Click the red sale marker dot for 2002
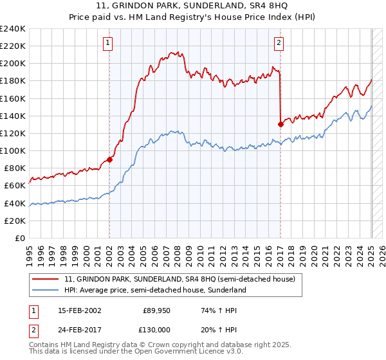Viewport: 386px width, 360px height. pyautogui.click(x=109, y=159)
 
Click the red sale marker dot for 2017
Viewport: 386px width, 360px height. pyautogui.click(x=280, y=124)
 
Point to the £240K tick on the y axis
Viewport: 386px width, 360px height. pyautogui.click(x=14, y=29)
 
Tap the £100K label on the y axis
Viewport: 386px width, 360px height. pyautogui.click(x=14, y=151)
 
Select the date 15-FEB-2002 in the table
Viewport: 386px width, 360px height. pyautogui.click(x=80, y=310)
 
